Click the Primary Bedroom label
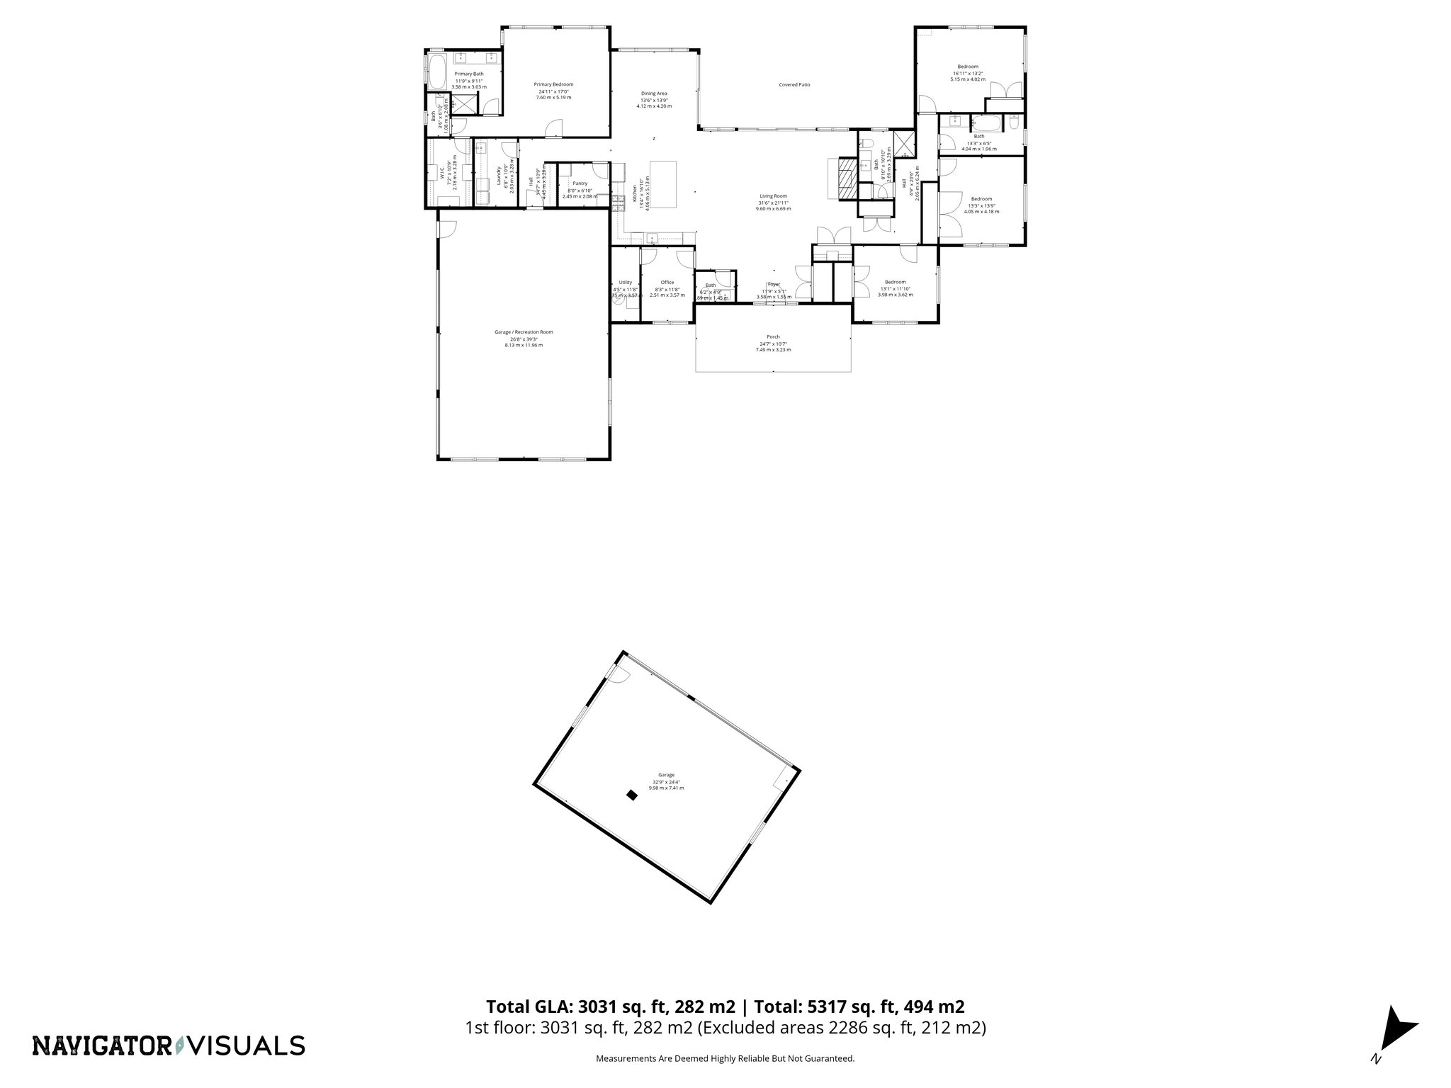point(553,84)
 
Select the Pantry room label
point(580,183)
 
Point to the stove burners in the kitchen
point(614,201)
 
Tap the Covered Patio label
point(794,85)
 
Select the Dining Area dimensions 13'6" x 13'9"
point(654,100)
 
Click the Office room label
point(667,283)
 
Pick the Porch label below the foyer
point(773,337)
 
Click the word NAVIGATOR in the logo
point(101,1045)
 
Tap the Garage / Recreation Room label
point(524,332)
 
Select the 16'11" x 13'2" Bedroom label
point(968,67)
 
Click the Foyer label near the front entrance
point(773,284)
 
